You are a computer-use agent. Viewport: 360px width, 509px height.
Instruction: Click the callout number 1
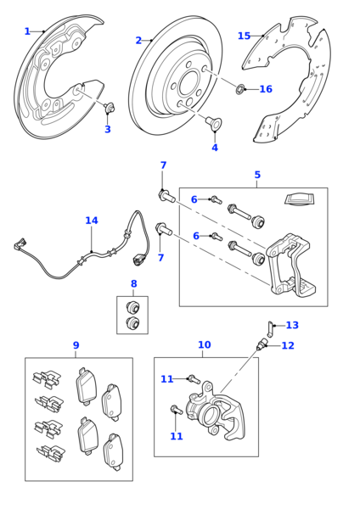(x=27, y=31)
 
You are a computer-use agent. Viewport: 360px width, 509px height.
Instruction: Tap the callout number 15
(x=244, y=36)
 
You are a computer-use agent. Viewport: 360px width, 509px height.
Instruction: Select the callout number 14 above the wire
(x=91, y=221)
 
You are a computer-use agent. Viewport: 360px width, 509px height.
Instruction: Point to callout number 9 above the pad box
(x=76, y=345)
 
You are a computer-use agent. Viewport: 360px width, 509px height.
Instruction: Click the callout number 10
(x=204, y=344)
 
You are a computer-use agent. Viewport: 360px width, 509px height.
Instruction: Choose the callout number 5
(x=257, y=175)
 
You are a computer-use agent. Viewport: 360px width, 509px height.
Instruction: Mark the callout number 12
(x=288, y=345)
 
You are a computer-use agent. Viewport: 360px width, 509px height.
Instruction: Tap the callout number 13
(x=292, y=325)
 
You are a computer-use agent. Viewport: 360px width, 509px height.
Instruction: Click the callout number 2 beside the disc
(x=138, y=41)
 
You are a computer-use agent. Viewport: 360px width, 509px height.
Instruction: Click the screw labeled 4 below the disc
(x=214, y=124)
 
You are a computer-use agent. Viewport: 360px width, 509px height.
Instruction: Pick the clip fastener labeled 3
(x=110, y=108)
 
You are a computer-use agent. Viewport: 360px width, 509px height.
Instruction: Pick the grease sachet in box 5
(x=299, y=199)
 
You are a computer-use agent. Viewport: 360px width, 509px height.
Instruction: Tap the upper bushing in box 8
(x=132, y=306)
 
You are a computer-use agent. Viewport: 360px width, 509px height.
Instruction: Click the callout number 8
(x=133, y=284)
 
